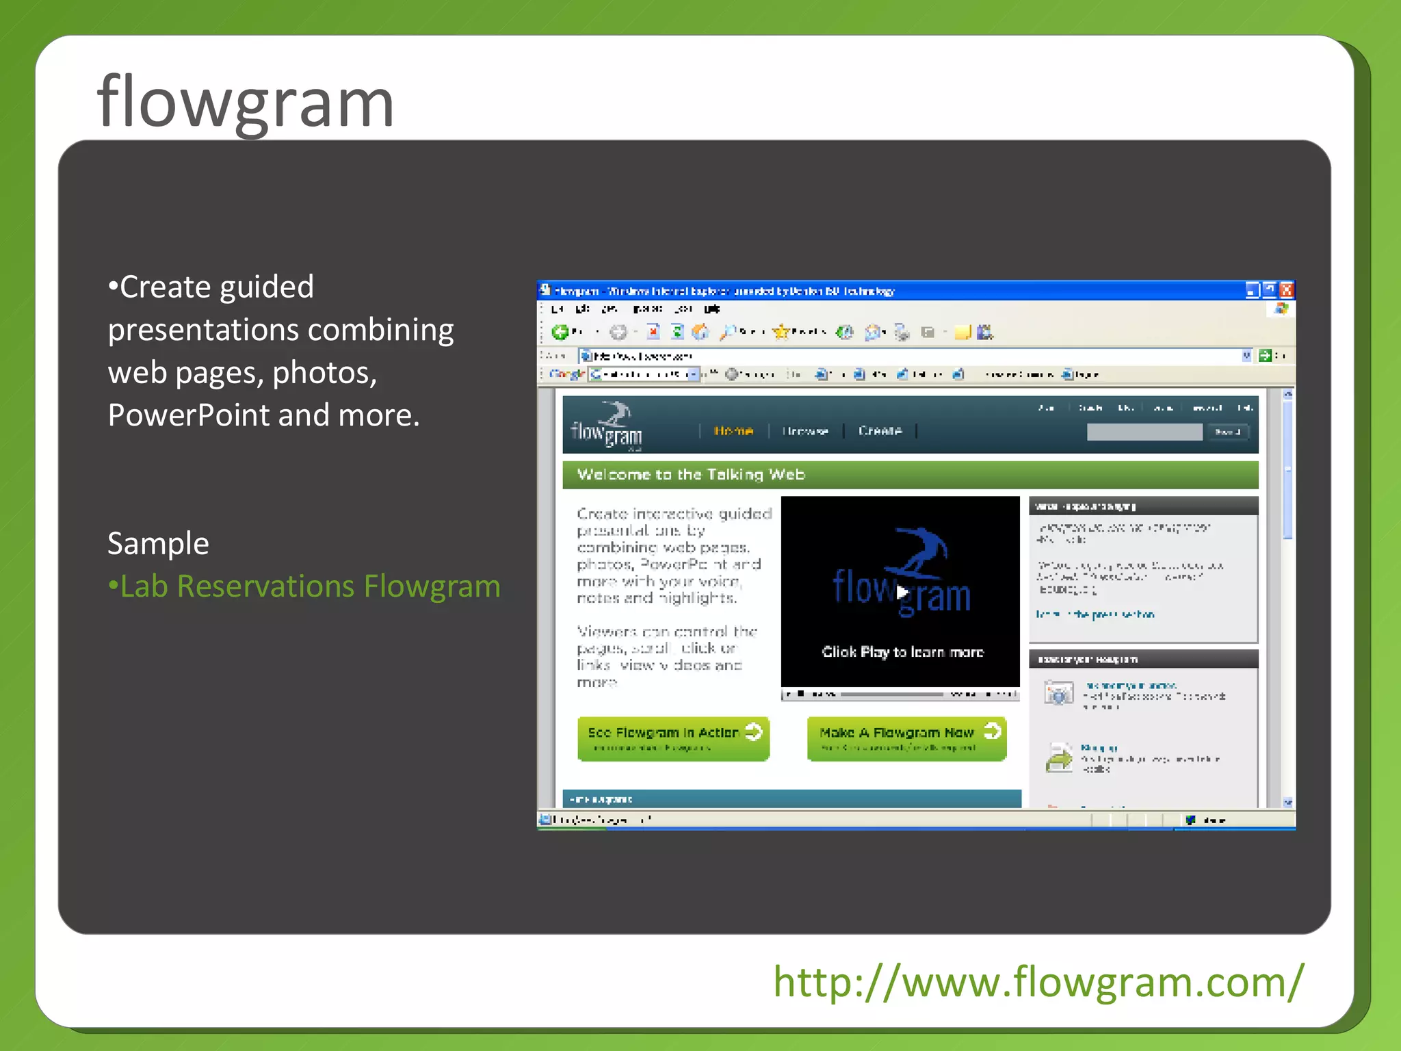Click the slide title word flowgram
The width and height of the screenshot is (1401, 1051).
tap(246, 103)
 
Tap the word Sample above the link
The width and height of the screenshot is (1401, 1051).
tap(158, 544)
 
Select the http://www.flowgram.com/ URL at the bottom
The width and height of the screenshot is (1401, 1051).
tap(1038, 982)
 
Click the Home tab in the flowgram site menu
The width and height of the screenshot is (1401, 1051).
tap(733, 430)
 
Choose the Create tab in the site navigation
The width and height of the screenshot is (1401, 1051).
tap(880, 430)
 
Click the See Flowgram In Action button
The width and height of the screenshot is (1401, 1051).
tap(673, 738)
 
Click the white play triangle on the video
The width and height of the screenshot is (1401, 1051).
tap(902, 592)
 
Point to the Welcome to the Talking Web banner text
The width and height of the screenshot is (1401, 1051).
tap(691, 475)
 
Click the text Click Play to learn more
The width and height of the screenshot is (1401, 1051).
tap(902, 652)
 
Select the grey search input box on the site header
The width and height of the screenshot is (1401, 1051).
tap(1144, 432)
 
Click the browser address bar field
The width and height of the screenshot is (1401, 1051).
tap(910, 356)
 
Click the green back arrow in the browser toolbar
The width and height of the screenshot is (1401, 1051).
tap(560, 333)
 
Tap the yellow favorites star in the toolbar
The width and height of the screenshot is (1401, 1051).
tap(781, 333)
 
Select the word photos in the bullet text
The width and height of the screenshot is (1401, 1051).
tap(324, 373)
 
